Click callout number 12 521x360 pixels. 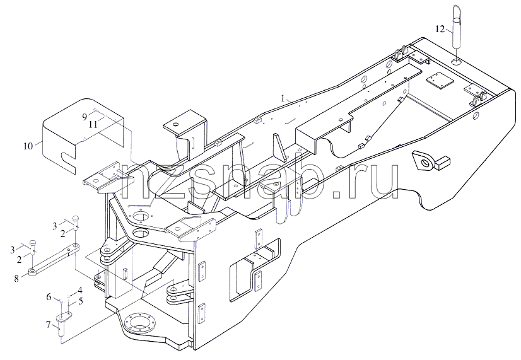point(440,30)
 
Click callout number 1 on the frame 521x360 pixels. point(283,98)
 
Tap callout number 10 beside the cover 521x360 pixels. point(28,146)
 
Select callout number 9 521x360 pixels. point(85,117)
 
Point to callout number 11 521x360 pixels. point(93,125)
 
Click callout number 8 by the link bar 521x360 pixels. point(16,278)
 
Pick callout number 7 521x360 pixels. point(49,325)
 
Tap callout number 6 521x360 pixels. point(49,296)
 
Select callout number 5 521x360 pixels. point(80,301)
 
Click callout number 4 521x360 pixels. point(79,291)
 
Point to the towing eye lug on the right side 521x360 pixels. point(424,162)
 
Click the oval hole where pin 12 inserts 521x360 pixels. point(456,62)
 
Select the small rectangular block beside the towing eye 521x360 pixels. point(442,162)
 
